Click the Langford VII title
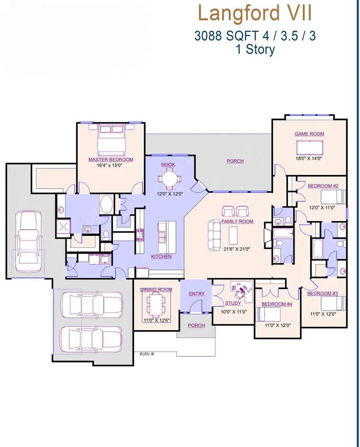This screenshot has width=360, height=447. click(255, 13)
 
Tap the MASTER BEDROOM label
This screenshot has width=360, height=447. click(111, 160)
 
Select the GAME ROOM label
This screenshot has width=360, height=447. click(309, 134)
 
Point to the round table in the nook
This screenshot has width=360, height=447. click(170, 179)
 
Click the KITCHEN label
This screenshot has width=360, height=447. click(161, 257)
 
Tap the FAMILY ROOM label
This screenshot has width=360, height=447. click(237, 221)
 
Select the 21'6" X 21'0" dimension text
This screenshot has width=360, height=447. click(237, 249)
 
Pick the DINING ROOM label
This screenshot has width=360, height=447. click(156, 290)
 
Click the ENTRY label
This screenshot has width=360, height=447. click(196, 293)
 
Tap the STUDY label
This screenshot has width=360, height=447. click(233, 303)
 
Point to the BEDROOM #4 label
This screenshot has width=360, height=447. click(277, 304)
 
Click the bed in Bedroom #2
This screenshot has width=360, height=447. click(333, 197)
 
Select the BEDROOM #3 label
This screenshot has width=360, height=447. click(322, 293)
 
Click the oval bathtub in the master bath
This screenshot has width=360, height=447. click(106, 204)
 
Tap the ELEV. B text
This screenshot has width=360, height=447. click(147, 354)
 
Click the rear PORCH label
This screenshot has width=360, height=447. click(235, 161)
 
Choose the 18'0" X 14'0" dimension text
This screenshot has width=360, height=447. click(309, 159)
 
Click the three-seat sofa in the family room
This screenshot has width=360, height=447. click(214, 235)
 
